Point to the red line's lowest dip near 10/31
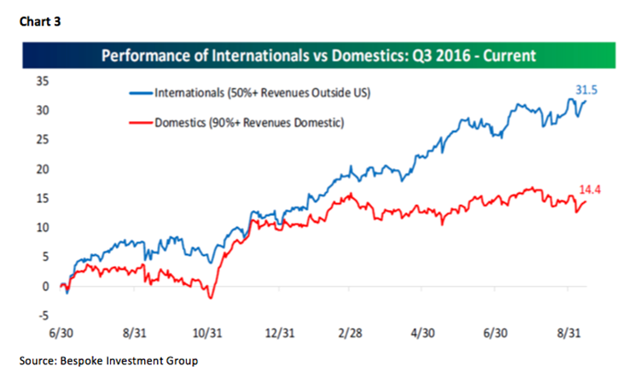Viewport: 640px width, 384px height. pyautogui.click(x=210, y=298)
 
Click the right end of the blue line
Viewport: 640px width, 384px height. pyautogui.click(x=586, y=101)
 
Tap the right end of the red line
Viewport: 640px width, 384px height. pyautogui.click(x=586, y=201)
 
